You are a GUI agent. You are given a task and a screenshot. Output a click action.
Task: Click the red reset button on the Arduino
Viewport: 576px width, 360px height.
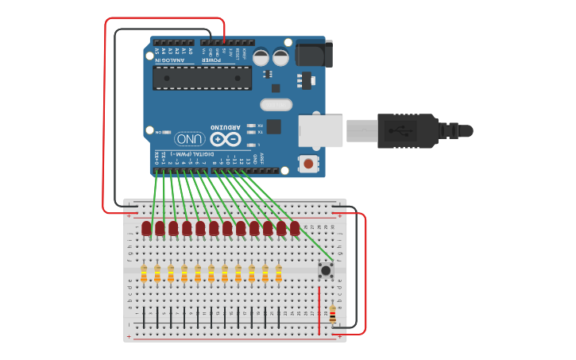pyautogui.click(x=307, y=165)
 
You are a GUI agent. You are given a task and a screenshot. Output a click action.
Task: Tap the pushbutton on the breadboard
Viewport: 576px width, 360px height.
pyautogui.click(x=325, y=271)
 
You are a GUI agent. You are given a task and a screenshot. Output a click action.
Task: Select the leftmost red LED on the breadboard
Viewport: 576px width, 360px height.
pyautogui.click(x=146, y=229)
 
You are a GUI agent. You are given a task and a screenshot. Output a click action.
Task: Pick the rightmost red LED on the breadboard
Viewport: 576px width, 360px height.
pyautogui.click(x=295, y=229)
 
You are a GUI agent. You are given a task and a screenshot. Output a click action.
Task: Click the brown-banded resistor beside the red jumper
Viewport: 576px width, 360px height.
pyautogui.click(x=332, y=315)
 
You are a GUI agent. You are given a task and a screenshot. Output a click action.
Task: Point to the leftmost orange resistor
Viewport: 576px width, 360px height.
pyautogui.click(x=144, y=273)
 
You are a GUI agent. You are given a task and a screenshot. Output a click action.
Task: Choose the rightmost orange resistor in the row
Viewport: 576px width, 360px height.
pyautogui.click(x=279, y=273)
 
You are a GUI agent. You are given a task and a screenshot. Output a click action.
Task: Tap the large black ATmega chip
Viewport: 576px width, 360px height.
pyautogui.click(x=202, y=78)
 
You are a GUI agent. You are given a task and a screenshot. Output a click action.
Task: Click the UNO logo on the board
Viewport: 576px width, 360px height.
pyautogui.click(x=190, y=138)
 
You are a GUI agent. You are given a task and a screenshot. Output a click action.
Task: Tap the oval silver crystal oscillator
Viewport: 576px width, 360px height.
pyautogui.click(x=276, y=104)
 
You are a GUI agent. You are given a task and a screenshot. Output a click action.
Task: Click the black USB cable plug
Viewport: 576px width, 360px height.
pyautogui.click(x=405, y=130)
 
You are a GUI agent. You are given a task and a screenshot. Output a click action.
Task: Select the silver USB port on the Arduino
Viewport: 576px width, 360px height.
pyautogui.click(x=320, y=131)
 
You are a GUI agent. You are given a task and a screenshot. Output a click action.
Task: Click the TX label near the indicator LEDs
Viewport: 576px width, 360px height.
pyautogui.click(x=260, y=133)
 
